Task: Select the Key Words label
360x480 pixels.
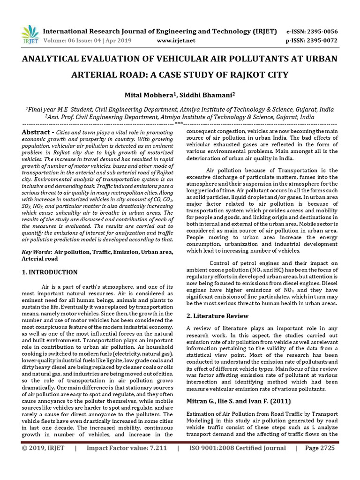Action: tap(37, 252)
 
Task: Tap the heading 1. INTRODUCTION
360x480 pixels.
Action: tap(50, 272)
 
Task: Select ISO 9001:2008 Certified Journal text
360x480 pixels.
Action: tap(237, 461)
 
